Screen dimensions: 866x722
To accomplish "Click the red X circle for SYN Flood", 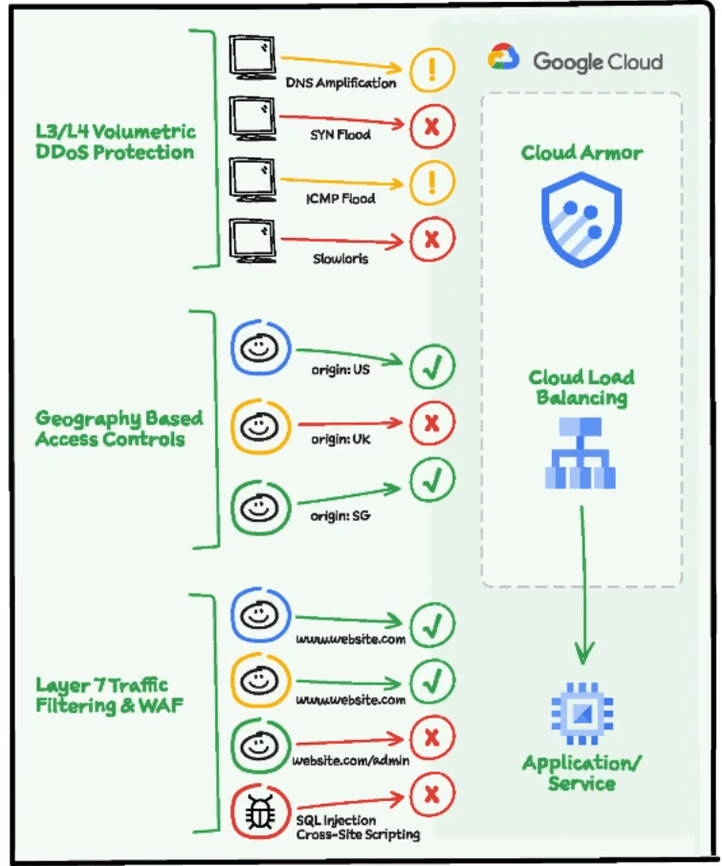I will (x=431, y=126).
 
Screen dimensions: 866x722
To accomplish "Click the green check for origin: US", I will (x=432, y=366).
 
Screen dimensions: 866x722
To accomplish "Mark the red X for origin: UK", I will (x=431, y=422).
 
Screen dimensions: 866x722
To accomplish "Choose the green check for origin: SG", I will (x=432, y=481).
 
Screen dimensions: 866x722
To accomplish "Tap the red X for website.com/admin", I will (x=431, y=737).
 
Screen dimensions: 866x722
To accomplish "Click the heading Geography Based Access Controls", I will (x=119, y=429).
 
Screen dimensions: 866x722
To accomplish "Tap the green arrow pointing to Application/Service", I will (x=582, y=583).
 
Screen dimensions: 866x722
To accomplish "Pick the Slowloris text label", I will (x=339, y=259).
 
